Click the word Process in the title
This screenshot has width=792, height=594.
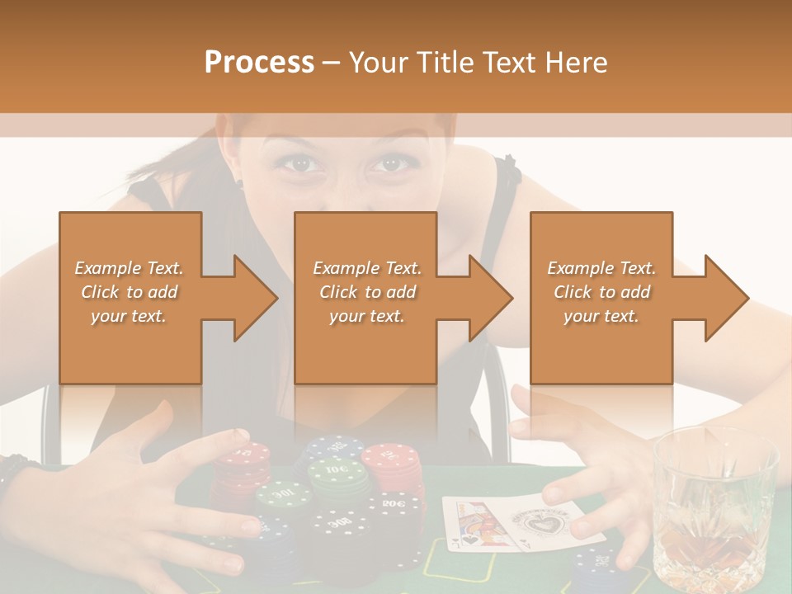coord(259,62)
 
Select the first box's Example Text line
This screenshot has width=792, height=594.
coord(130,268)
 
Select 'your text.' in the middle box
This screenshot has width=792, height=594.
coord(366,316)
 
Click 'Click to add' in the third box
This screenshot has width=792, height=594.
coord(601,292)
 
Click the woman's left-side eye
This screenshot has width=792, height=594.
coord(301,163)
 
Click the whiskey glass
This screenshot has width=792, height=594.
coord(714,511)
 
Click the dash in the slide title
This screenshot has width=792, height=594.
coord(332,63)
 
